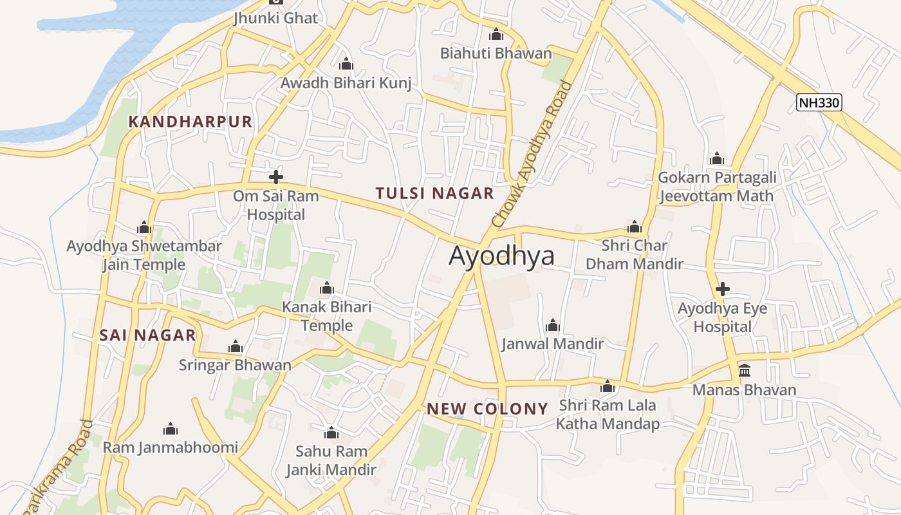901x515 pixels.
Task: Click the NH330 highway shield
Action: pyautogui.click(x=819, y=102)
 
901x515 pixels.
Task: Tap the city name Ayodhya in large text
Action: pyautogui.click(x=501, y=256)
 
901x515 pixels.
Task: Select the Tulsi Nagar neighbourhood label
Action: pyautogui.click(x=434, y=193)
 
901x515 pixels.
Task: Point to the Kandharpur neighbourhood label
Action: pyautogui.click(x=190, y=122)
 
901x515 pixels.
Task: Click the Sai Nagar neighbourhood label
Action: pyautogui.click(x=147, y=335)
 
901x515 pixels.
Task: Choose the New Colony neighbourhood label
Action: pyautogui.click(x=487, y=409)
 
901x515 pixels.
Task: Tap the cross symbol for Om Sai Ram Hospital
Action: pyautogui.click(x=276, y=177)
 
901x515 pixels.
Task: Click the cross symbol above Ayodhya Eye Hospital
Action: pyautogui.click(x=722, y=289)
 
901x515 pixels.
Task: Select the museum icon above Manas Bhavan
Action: pyautogui.click(x=745, y=371)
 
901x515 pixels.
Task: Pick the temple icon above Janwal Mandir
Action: pyautogui.click(x=552, y=325)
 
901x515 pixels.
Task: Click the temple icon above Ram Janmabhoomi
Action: pyautogui.click(x=171, y=429)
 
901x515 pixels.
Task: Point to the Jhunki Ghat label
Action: pyautogui.click(x=276, y=18)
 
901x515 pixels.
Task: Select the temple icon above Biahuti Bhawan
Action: pyautogui.click(x=496, y=34)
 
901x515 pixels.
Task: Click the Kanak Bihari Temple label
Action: pyautogui.click(x=327, y=316)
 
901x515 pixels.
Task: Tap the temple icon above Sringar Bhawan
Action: pyautogui.click(x=236, y=347)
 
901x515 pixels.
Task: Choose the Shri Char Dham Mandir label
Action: pyautogui.click(x=634, y=254)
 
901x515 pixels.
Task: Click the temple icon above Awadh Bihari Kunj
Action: pyautogui.click(x=346, y=64)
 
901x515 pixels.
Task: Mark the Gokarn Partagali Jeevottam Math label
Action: pyautogui.click(x=716, y=187)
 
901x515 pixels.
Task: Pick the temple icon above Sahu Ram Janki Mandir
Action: pyautogui.click(x=331, y=433)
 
